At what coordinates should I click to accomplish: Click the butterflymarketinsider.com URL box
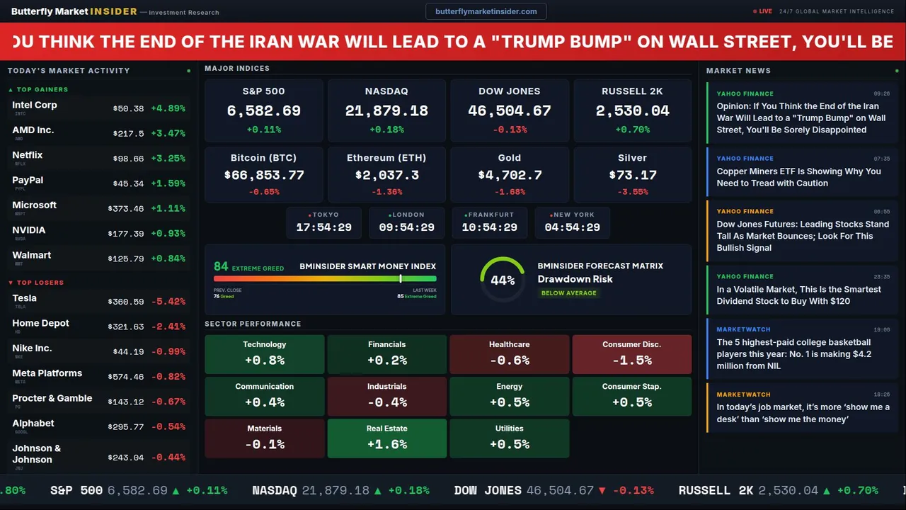click(x=486, y=11)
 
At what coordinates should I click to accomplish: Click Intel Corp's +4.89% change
click(x=168, y=108)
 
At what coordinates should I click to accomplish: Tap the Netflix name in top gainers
click(x=28, y=155)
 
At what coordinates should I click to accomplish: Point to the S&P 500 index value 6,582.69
click(x=263, y=111)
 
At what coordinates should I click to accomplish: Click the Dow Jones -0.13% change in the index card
click(x=510, y=130)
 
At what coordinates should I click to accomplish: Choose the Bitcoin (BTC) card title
click(x=263, y=158)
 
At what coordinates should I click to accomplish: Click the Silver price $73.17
click(x=632, y=175)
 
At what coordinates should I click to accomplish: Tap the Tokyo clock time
click(x=323, y=227)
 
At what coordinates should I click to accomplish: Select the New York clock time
click(x=572, y=227)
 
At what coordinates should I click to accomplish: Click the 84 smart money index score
click(x=221, y=266)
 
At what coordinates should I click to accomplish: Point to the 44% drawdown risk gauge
click(x=503, y=280)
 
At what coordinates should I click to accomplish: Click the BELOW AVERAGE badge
click(x=568, y=293)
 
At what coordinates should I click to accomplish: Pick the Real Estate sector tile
click(x=386, y=438)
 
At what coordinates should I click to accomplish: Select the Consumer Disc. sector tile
click(x=631, y=354)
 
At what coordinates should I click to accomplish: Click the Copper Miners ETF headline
click(x=798, y=177)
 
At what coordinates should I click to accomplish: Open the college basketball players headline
click(x=793, y=354)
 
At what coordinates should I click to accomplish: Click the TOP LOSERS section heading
click(x=40, y=283)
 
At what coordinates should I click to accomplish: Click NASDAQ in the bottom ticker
click(x=275, y=490)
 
